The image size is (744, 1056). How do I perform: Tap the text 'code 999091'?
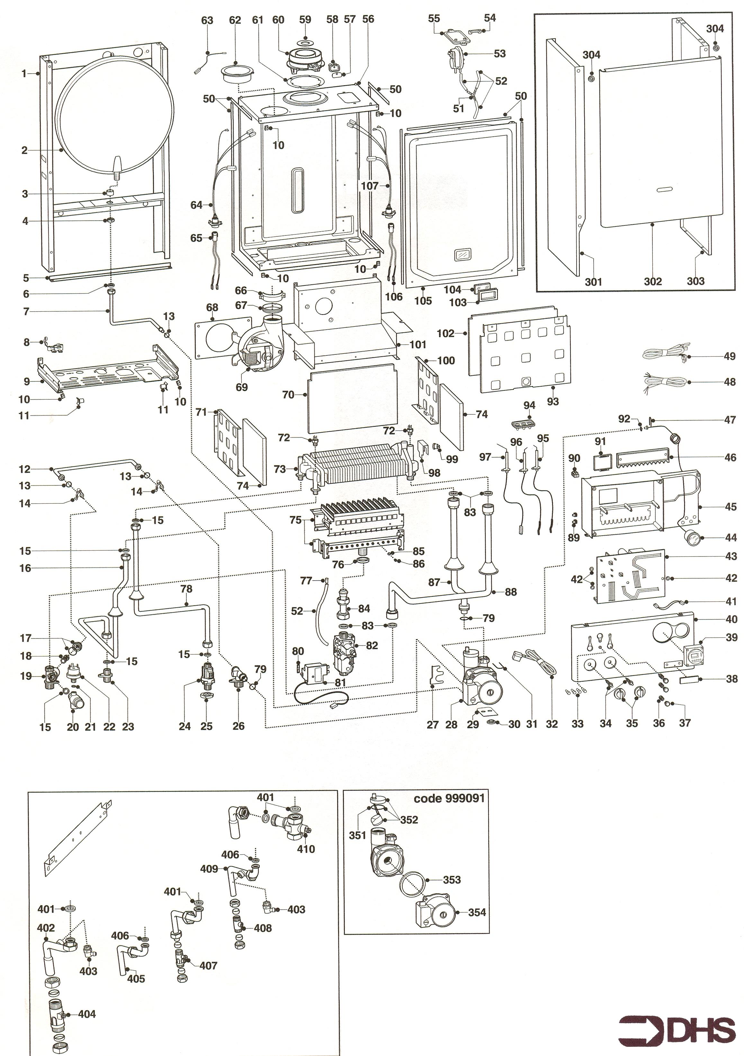449,798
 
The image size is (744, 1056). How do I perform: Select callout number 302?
652,281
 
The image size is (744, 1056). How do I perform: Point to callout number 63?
207,20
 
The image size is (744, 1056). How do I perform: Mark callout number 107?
370,186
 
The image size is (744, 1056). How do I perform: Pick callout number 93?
553,401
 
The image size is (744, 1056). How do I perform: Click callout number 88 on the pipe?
511,592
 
